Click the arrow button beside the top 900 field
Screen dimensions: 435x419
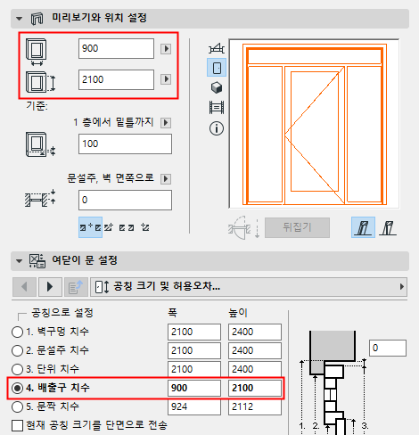tap(165, 49)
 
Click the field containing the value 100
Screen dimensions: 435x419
tap(125, 144)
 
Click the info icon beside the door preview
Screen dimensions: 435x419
tap(216, 127)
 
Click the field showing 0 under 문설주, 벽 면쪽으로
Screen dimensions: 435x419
tap(125, 200)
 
